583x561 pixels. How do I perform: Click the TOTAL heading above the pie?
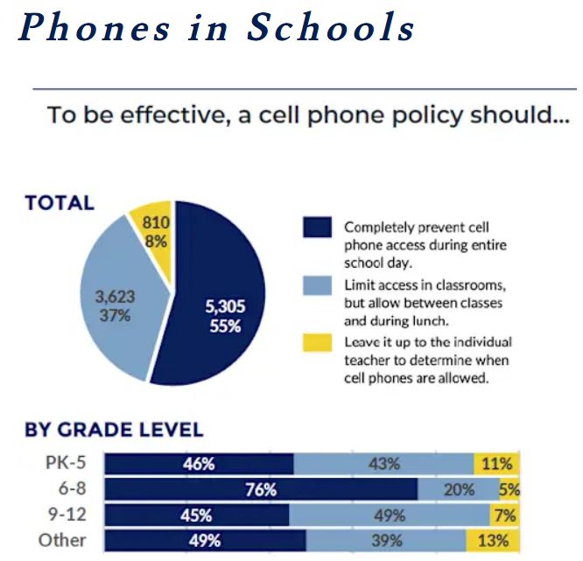click(x=60, y=203)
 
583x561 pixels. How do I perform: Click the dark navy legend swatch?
click(x=317, y=228)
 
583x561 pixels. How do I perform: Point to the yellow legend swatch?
click(x=317, y=343)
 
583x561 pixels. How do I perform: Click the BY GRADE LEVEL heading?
click(x=114, y=430)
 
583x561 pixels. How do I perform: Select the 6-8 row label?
click(x=70, y=489)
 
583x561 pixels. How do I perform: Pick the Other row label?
click(x=62, y=540)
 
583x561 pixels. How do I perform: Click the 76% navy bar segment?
click(x=261, y=489)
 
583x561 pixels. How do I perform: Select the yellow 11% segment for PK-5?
click(x=497, y=464)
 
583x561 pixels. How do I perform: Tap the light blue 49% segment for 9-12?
click(x=390, y=515)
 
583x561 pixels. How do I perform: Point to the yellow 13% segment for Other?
click(x=493, y=540)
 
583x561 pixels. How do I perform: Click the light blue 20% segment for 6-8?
click(x=458, y=489)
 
